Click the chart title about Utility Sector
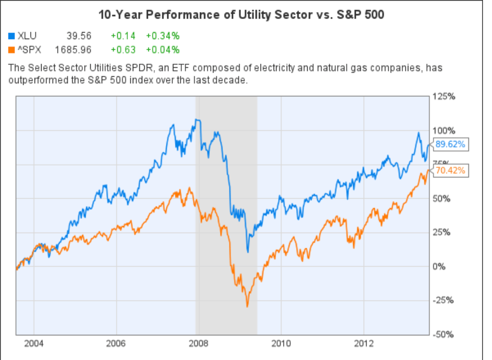coord(241,15)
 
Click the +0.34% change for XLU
coord(162,36)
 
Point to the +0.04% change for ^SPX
coord(162,50)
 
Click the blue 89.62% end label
coord(450,144)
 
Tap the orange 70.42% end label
coord(450,170)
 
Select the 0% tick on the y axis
coord(440,266)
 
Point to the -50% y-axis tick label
coord(444,334)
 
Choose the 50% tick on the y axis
coord(442,199)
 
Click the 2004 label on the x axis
coord(34,344)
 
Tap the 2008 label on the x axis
coord(199,344)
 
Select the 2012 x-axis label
coord(364,344)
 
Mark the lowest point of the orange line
coord(247,306)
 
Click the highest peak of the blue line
coord(197,119)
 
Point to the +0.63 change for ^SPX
coord(120,50)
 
